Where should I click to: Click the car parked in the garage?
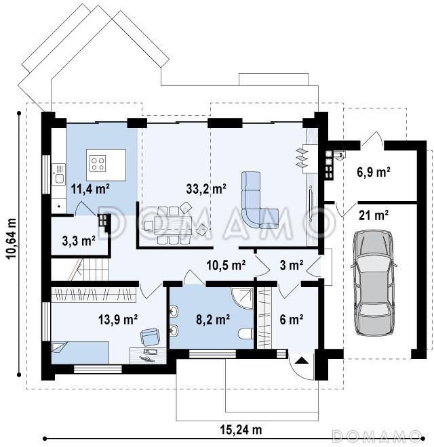click(374, 282)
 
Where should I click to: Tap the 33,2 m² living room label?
click(206, 188)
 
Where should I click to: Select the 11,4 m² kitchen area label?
click(90, 188)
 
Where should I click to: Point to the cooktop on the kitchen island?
click(98, 163)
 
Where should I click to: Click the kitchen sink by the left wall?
click(58, 174)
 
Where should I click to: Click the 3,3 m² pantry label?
click(79, 241)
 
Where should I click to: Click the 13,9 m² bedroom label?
click(118, 319)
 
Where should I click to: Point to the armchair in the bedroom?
click(150, 337)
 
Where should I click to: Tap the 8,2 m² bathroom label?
click(213, 319)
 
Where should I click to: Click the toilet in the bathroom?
click(245, 333)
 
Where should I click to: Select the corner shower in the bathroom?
click(243, 298)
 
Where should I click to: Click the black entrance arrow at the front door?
click(302, 361)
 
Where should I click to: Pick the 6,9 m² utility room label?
click(374, 172)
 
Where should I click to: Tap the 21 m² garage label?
click(374, 215)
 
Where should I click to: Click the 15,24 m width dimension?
click(241, 429)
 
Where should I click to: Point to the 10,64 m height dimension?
click(12, 238)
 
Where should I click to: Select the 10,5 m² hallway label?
click(226, 265)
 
